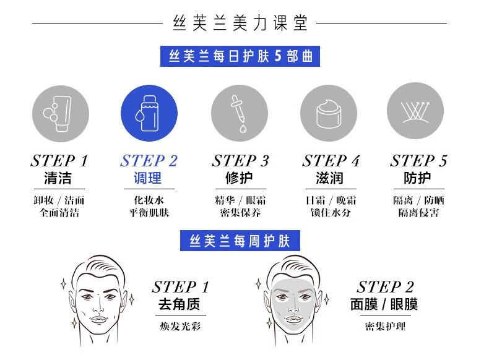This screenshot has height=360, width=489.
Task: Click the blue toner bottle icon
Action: click(149, 113)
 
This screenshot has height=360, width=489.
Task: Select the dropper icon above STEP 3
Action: click(240, 113)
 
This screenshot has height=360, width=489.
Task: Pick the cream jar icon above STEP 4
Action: click(329, 113)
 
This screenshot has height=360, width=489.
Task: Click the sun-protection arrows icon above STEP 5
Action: click(415, 111)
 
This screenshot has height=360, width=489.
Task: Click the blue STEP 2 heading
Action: click(149, 161)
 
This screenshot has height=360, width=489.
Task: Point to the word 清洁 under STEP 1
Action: click(58, 178)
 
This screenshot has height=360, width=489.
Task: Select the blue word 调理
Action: click(147, 178)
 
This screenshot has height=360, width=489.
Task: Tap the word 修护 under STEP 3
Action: click(239, 178)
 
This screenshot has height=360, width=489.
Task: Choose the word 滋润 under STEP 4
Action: click(330, 178)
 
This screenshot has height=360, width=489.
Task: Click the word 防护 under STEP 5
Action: click(417, 178)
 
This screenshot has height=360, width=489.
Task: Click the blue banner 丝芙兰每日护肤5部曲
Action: click(240, 56)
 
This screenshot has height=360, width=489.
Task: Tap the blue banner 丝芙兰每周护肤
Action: click(240, 241)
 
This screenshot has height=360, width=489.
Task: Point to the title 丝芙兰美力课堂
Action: click(240, 23)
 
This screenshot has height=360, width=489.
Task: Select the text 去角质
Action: click(179, 304)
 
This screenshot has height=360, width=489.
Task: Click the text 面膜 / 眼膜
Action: click(384, 304)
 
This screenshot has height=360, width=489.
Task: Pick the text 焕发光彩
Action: click(180, 327)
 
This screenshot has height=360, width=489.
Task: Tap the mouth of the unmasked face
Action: click(99, 319)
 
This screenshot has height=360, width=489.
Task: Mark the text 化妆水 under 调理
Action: click(149, 200)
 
